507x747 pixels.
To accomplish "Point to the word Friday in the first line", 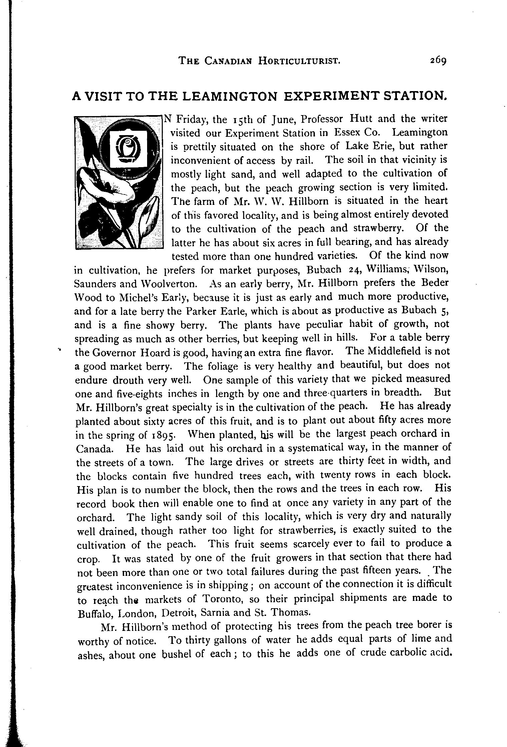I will [x=189, y=119].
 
